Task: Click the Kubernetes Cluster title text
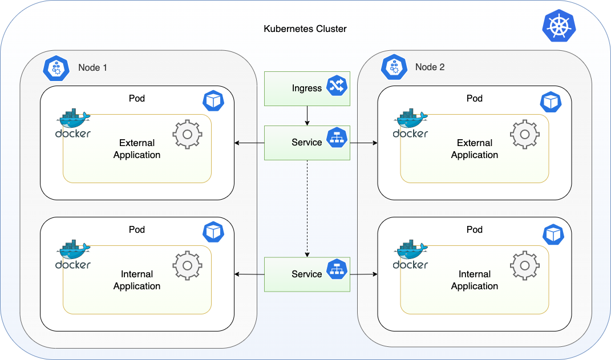pos(305,29)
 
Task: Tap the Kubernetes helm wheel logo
pos(559,26)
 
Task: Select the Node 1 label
pos(92,68)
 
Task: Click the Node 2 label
pos(430,67)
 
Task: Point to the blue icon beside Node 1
pos(56,68)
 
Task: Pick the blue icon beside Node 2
pos(394,67)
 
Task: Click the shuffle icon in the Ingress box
pos(337,86)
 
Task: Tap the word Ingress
pos(307,88)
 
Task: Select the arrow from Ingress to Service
pos(307,116)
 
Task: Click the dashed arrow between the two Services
pos(307,208)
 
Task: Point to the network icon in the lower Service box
pos(337,269)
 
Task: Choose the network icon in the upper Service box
pos(337,137)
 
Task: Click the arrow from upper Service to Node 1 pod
pos(249,143)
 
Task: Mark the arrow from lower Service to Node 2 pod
pos(363,274)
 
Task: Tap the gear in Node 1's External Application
pos(188,135)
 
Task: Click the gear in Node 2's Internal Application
pos(525,266)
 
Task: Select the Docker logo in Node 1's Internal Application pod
pos(73,254)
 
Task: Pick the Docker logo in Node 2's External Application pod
pos(410,123)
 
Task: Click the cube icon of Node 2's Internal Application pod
pos(553,234)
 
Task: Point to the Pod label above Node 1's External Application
pos(137,99)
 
